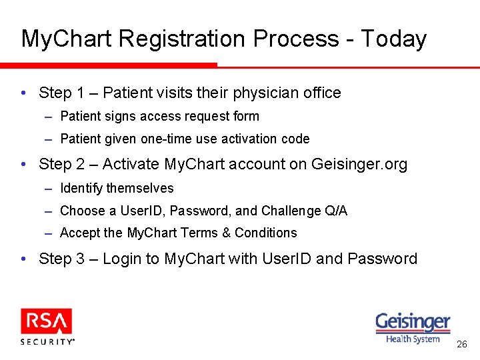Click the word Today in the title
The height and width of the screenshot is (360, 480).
pyautogui.click(x=393, y=39)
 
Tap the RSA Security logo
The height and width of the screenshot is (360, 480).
pyautogui.click(x=47, y=326)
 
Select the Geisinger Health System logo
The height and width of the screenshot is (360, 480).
pyautogui.click(x=413, y=327)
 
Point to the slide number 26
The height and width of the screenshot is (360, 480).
pyautogui.click(x=461, y=345)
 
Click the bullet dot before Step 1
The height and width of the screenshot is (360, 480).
pyautogui.click(x=24, y=93)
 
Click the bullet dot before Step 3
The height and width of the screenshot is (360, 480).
pyautogui.click(x=24, y=259)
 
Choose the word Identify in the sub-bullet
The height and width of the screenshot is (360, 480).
pyautogui.click(x=81, y=189)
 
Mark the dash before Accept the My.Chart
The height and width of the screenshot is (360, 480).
pyautogui.click(x=49, y=233)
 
